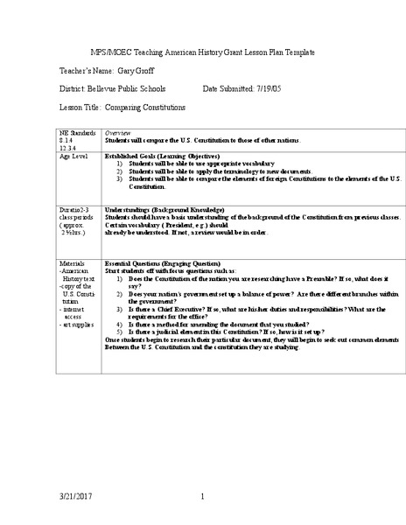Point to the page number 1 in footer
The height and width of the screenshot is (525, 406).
[202, 498]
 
